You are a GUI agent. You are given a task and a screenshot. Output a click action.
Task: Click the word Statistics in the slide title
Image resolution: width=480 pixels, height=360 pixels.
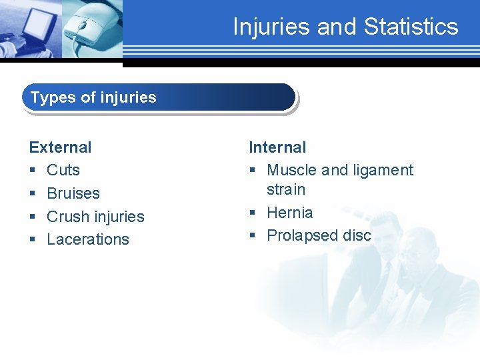tap(411, 27)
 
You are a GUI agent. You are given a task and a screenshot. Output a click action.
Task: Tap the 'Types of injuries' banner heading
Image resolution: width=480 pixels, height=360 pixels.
tap(93, 97)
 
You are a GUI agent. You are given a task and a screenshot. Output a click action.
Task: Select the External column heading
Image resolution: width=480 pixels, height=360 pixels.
tap(60, 147)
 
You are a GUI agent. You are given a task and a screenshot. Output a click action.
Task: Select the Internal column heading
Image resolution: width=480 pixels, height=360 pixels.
tap(277, 147)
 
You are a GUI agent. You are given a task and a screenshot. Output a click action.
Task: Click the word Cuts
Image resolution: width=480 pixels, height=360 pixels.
tap(63, 171)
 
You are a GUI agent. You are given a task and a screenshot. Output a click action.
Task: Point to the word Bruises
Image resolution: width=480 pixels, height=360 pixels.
tap(73, 193)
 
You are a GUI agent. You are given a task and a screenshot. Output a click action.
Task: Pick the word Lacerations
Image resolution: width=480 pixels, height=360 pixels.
tap(88, 239)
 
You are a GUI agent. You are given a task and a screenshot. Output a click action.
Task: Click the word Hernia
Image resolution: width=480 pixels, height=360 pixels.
tap(289, 213)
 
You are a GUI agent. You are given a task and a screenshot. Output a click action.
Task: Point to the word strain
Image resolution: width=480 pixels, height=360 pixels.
tap(286, 189)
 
